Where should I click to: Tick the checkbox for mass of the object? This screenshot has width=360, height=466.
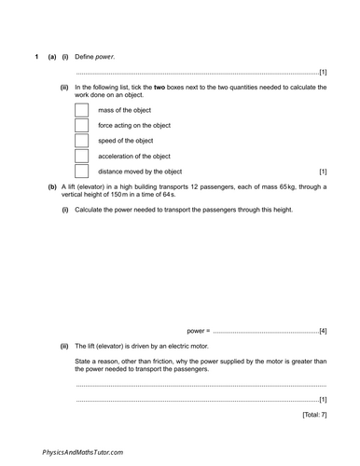point(81,110)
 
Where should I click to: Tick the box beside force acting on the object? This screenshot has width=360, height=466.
point(81,125)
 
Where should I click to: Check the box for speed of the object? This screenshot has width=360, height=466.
point(81,141)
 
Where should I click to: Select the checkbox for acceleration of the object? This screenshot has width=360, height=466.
point(81,156)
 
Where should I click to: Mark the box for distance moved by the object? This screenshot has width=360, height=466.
point(81,171)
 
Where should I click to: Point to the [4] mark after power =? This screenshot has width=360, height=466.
point(322,330)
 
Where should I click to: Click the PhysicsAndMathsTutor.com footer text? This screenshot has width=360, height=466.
point(82,451)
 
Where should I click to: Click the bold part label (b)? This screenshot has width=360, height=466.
point(52,186)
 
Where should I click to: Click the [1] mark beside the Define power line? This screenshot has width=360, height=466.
point(322,72)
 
